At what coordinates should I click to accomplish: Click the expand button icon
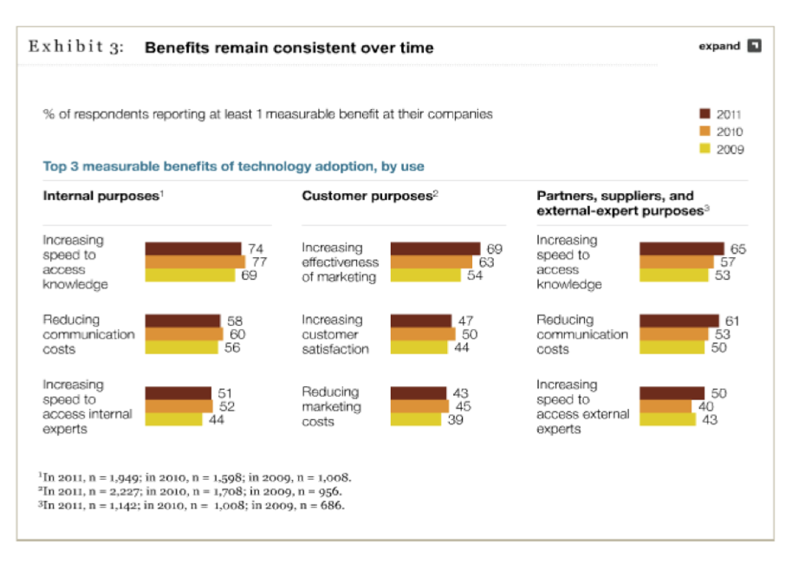[755, 46]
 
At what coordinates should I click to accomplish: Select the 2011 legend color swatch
[704, 113]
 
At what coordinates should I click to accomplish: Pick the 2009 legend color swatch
[704, 148]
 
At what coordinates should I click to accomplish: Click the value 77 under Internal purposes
[257, 262]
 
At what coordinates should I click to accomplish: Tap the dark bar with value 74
[192, 249]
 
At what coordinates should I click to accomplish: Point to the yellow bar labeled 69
[189, 275]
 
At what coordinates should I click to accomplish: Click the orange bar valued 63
[432, 262]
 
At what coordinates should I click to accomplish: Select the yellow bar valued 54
[425, 275]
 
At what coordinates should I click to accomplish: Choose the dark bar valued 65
[681, 249]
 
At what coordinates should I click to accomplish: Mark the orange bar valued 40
[665, 406]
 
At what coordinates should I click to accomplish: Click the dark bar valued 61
[679, 320]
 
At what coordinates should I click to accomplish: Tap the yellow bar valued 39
[416, 419]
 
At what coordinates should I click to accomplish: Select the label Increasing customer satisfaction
[335, 334]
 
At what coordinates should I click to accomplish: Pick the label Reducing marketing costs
[331, 406]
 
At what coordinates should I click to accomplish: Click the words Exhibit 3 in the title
[76, 47]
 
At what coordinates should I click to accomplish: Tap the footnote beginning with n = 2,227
[195, 491]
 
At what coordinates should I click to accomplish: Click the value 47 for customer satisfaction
[464, 321]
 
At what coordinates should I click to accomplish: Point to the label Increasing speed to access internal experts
[87, 406]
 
